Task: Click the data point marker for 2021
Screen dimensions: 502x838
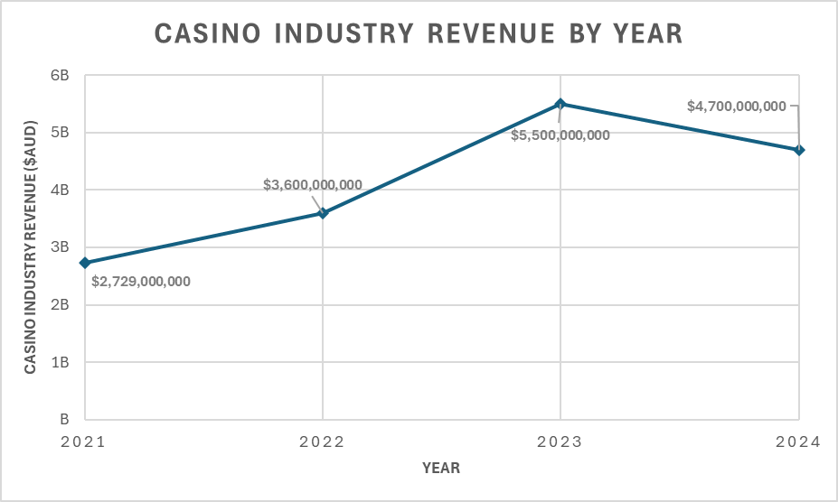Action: tap(85, 263)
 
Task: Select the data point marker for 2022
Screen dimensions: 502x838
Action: tap(323, 213)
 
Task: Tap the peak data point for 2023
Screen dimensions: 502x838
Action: tap(560, 104)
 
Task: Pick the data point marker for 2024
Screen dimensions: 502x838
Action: tap(799, 150)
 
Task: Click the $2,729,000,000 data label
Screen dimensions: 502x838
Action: tap(141, 282)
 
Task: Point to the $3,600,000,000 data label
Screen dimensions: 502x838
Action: tap(313, 185)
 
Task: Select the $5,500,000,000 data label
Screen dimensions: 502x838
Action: tap(560, 135)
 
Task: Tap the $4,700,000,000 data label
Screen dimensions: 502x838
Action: tap(737, 106)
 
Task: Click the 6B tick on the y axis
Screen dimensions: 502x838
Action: tap(61, 75)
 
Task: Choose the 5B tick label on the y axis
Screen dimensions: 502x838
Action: tap(61, 133)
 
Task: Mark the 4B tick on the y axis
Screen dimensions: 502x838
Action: tap(61, 190)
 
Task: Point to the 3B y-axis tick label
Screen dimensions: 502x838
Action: tap(61, 247)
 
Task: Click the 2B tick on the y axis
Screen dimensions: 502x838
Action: tap(61, 305)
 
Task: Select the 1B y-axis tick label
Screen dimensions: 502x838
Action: tap(61, 362)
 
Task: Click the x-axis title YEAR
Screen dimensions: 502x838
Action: tap(441, 468)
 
